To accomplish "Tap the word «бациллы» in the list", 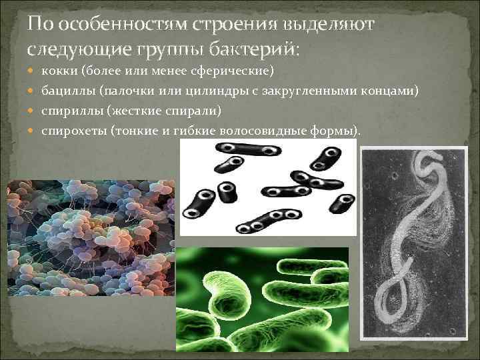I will click(65, 90).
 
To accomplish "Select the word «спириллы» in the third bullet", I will click(67, 110).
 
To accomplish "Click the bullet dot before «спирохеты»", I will click(33, 129).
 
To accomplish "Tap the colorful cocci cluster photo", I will click(90, 237).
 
